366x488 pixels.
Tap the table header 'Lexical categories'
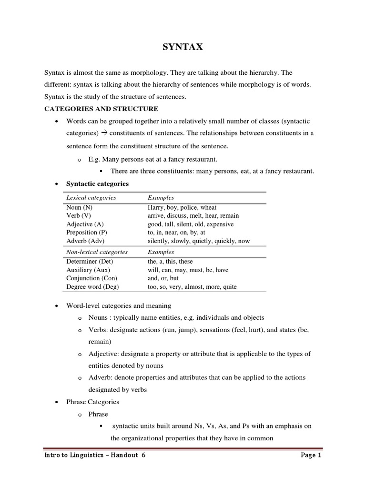[91, 197]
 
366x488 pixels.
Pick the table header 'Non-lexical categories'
[97, 252]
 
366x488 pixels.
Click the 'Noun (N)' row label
[80, 207]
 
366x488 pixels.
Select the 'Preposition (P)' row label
[86, 233]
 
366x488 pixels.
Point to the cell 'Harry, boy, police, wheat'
[182, 207]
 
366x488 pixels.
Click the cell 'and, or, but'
[164, 278]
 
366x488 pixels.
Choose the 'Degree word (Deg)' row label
[92, 287]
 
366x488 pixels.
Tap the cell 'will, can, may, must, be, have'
[188, 270]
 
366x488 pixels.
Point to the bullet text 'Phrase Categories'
[92, 402]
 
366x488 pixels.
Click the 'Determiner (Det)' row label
[90, 261]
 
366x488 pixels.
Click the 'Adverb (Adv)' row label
[85, 241]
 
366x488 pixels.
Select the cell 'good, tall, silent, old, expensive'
[191, 224]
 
